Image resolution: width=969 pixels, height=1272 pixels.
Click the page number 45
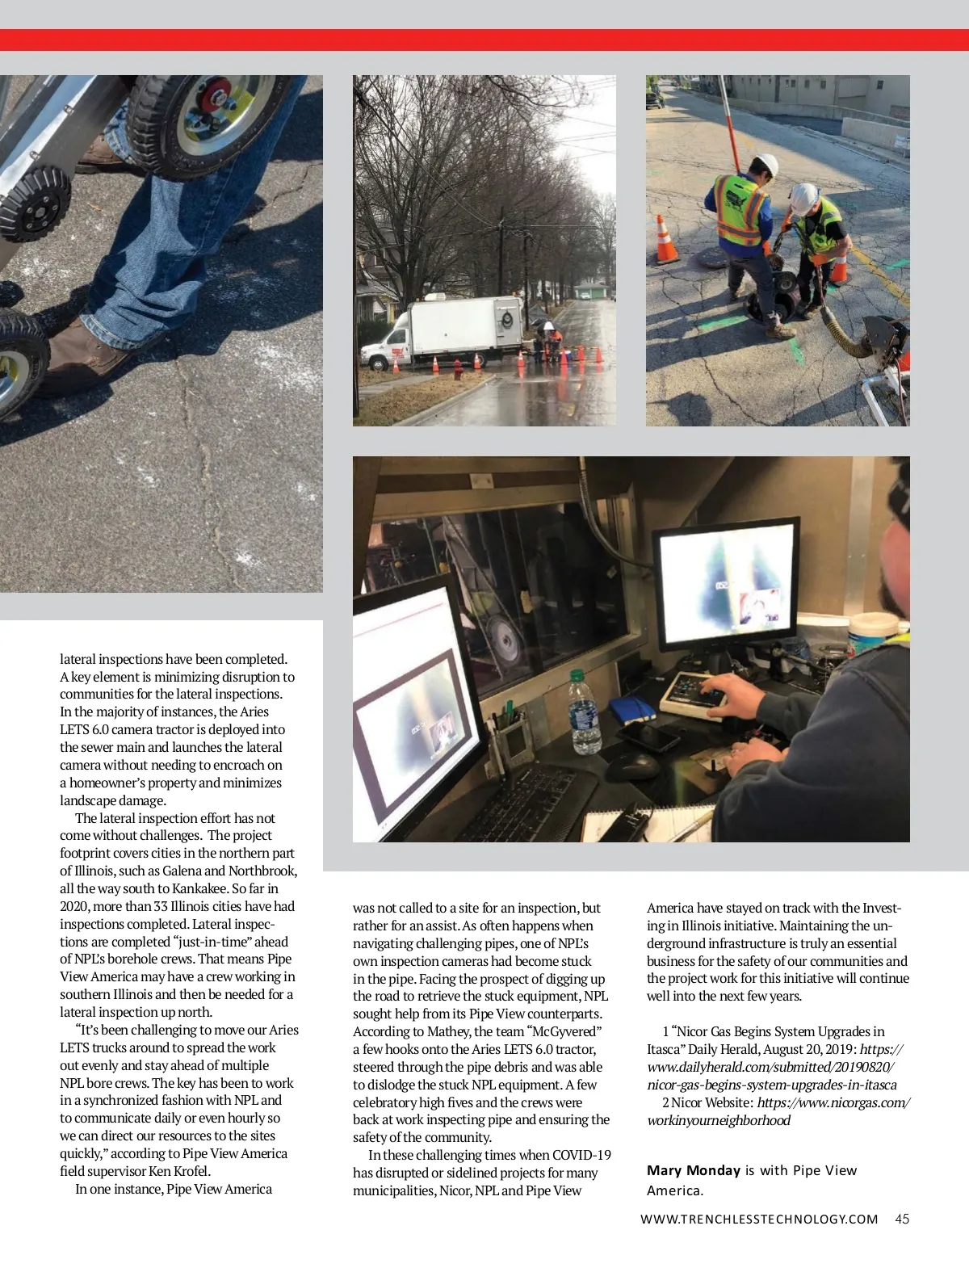[x=902, y=1220]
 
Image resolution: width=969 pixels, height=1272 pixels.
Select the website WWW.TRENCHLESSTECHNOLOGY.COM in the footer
[x=759, y=1220]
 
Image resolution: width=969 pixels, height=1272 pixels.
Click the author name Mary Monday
[x=693, y=1170]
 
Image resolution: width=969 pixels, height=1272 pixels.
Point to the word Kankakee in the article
[x=199, y=888]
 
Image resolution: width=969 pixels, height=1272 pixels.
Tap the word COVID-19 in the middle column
[x=581, y=1155]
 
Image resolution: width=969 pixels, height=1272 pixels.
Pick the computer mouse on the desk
[x=634, y=765]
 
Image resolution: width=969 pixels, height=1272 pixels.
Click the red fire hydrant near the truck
[x=458, y=371]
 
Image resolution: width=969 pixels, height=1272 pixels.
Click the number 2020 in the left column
[x=75, y=906]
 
